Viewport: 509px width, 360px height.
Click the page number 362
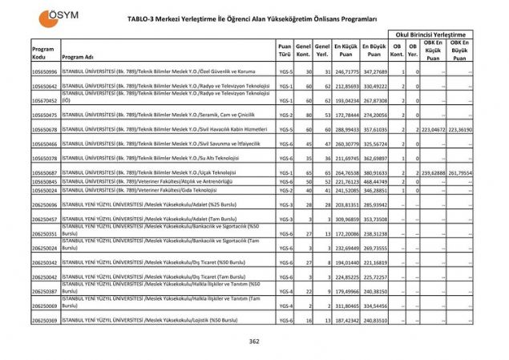coord(254,342)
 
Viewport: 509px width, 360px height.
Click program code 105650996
coord(44,72)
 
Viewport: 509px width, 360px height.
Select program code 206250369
coord(44,321)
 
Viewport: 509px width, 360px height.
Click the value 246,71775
coord(345,72)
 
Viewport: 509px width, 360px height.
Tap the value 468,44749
coord(374,182)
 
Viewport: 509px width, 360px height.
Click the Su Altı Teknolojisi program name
coord(145,159)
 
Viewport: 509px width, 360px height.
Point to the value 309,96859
coord(345,219)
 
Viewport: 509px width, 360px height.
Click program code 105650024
coord(44,191)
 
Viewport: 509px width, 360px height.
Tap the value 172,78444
coord(345,115)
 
